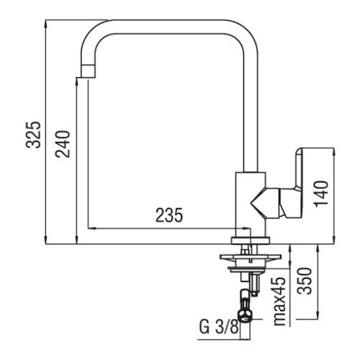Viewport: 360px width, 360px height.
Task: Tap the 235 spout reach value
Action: coord(168,214)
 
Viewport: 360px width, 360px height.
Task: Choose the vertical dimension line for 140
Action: coord(334,194)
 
